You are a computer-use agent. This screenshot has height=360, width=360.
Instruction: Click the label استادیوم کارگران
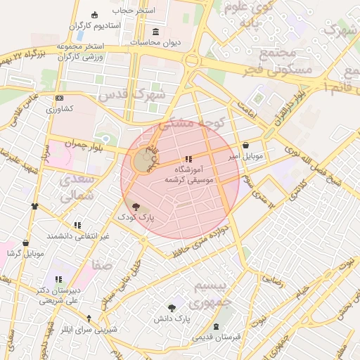click(100, 25)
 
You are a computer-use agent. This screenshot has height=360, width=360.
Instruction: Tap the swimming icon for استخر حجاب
click(96, 14)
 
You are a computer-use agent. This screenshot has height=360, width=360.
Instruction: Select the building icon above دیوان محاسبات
click(155, 32)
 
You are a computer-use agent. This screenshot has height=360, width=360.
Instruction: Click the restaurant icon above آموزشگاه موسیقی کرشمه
click(187, 159)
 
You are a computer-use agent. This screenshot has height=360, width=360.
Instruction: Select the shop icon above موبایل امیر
click(245, 146)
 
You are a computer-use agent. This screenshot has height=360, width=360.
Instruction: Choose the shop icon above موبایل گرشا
click(26, 243)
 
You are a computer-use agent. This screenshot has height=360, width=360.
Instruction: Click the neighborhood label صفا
click(102, 265)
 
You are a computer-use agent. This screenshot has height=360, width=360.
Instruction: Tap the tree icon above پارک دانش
click(172, 308)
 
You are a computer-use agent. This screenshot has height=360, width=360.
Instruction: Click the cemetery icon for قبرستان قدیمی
click(216, 327)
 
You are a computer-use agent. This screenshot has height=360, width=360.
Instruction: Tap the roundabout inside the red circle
click(143, 162)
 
